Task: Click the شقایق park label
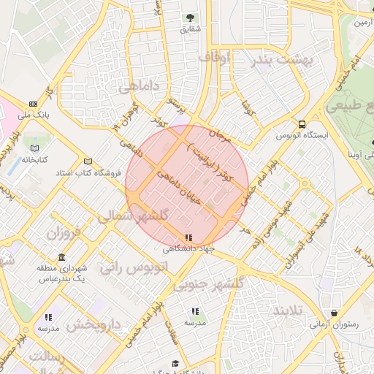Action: point(190,30)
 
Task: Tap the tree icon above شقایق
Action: point(190,18)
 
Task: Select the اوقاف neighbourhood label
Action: point(213,56)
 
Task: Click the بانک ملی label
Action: point(34,115)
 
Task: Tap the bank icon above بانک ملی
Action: point(34,104)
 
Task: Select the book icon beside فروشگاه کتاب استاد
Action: point(88,161)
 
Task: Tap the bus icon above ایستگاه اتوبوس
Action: point(302,123)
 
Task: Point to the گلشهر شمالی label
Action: point(134,216)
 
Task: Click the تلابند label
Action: point(286,310)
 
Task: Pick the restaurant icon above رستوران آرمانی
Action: point(334,313)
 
